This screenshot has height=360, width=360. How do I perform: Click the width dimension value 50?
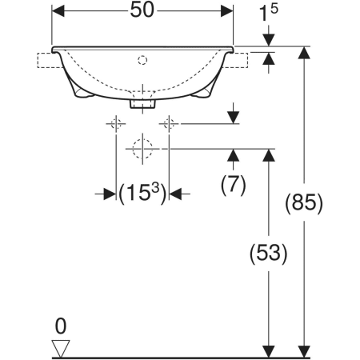coord(142,10)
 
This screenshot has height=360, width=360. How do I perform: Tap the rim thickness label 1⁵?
coord(268,13)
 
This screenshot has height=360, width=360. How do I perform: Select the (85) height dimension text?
coord(304,203)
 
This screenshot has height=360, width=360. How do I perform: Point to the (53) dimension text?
coord(268,254)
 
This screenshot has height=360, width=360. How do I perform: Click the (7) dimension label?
coord(233,185)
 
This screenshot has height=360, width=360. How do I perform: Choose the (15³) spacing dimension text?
coord(142,193)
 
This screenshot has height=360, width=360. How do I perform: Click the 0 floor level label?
coord(61,326)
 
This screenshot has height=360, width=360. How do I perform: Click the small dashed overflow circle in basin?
coord(142,60)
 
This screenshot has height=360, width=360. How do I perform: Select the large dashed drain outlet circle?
coord(142,149)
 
